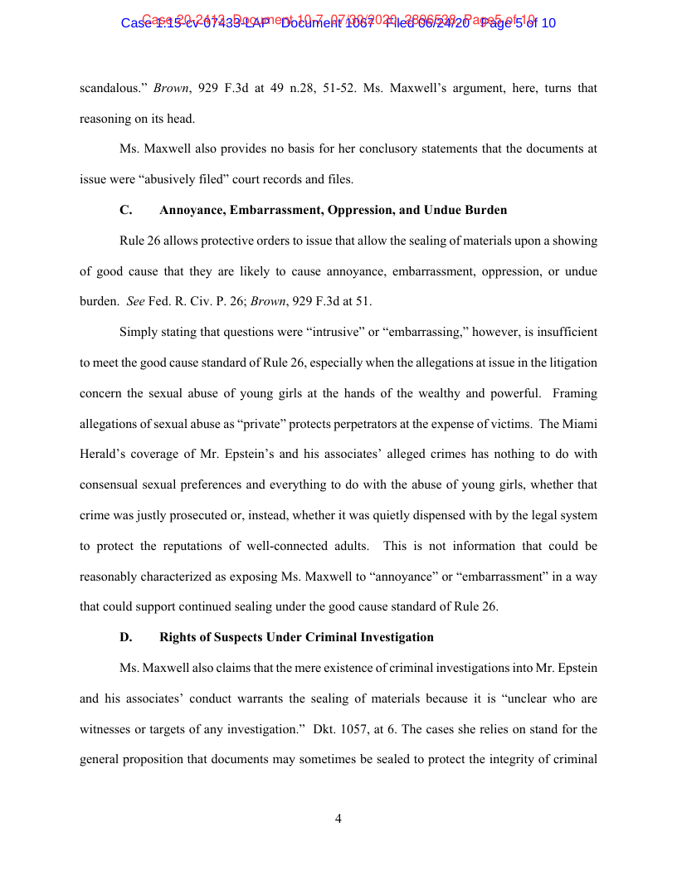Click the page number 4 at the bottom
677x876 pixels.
coord(338,819)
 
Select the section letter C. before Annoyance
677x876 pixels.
coord(126,210)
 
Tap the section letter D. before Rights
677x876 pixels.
coord(126,637)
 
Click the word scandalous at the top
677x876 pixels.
coord(112,87)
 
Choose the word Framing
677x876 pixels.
coord(574,393)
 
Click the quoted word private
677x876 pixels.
coord(263,424)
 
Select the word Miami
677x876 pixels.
coord(580,424)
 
